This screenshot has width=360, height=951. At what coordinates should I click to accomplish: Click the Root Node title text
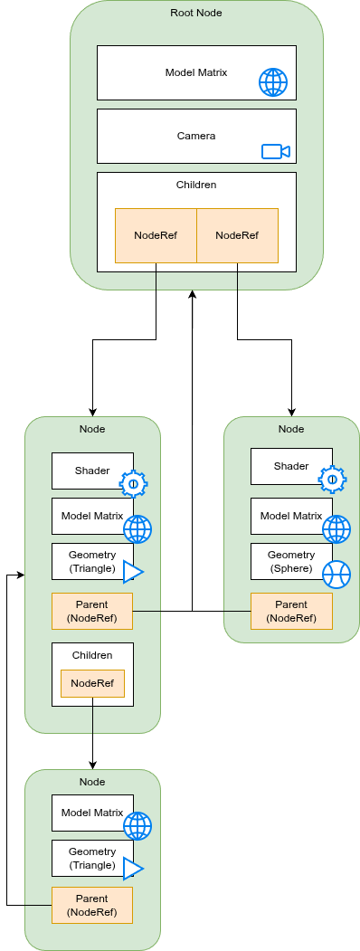point(195,12)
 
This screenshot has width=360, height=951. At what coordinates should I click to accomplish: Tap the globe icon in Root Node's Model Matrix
point(273,82)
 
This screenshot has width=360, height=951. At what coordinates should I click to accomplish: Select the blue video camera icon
point(276,151)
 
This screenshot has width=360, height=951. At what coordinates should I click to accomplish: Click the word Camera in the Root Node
point(195,136)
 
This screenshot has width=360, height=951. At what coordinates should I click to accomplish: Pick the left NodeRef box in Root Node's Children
point(156,235)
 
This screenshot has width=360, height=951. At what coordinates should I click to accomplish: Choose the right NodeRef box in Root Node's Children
point(238,235)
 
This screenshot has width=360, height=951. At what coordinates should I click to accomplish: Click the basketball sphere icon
point(336,574)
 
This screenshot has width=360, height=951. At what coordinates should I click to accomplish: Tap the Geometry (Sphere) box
point(291,562)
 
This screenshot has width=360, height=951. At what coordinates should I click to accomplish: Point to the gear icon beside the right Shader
point(332,480)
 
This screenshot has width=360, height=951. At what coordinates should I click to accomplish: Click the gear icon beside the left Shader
point(133,484)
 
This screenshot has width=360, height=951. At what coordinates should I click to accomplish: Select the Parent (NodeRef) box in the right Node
point(291,611)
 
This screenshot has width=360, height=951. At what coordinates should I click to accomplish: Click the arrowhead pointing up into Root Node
point(192,293)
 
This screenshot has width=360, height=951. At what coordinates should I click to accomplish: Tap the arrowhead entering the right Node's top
point(291,413)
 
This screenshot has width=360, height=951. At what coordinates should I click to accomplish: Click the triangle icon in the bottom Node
point(133,869)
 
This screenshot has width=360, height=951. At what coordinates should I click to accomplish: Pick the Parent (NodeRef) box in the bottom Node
point(92,905)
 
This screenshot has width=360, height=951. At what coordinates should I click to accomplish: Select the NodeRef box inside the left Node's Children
point(92,683)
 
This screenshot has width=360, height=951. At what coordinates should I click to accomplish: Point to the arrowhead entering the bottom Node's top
point(92,766)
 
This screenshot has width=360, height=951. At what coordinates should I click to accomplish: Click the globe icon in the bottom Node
point(137,826)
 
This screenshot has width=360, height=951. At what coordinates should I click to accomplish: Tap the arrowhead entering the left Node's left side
point(21,575)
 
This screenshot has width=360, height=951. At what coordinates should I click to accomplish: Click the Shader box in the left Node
point(92,471)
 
